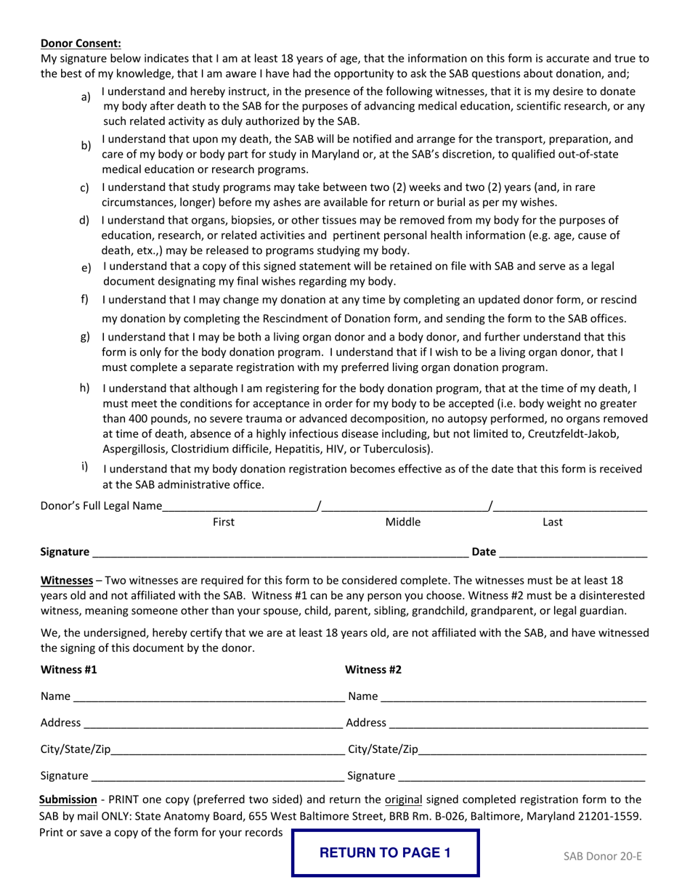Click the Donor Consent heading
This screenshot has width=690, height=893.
[81, 43]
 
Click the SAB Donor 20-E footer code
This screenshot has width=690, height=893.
[602, 855]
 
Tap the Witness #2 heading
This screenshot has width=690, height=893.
[373, 669]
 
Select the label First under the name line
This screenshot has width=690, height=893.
[223, 521]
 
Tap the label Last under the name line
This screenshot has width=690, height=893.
[553, 521]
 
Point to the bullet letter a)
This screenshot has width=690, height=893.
[86, 97]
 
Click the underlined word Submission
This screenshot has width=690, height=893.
[68, 799]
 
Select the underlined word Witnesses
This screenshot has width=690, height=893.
[66, 580]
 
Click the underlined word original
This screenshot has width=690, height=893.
[403, 799]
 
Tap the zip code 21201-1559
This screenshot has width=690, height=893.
[609, 815]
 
